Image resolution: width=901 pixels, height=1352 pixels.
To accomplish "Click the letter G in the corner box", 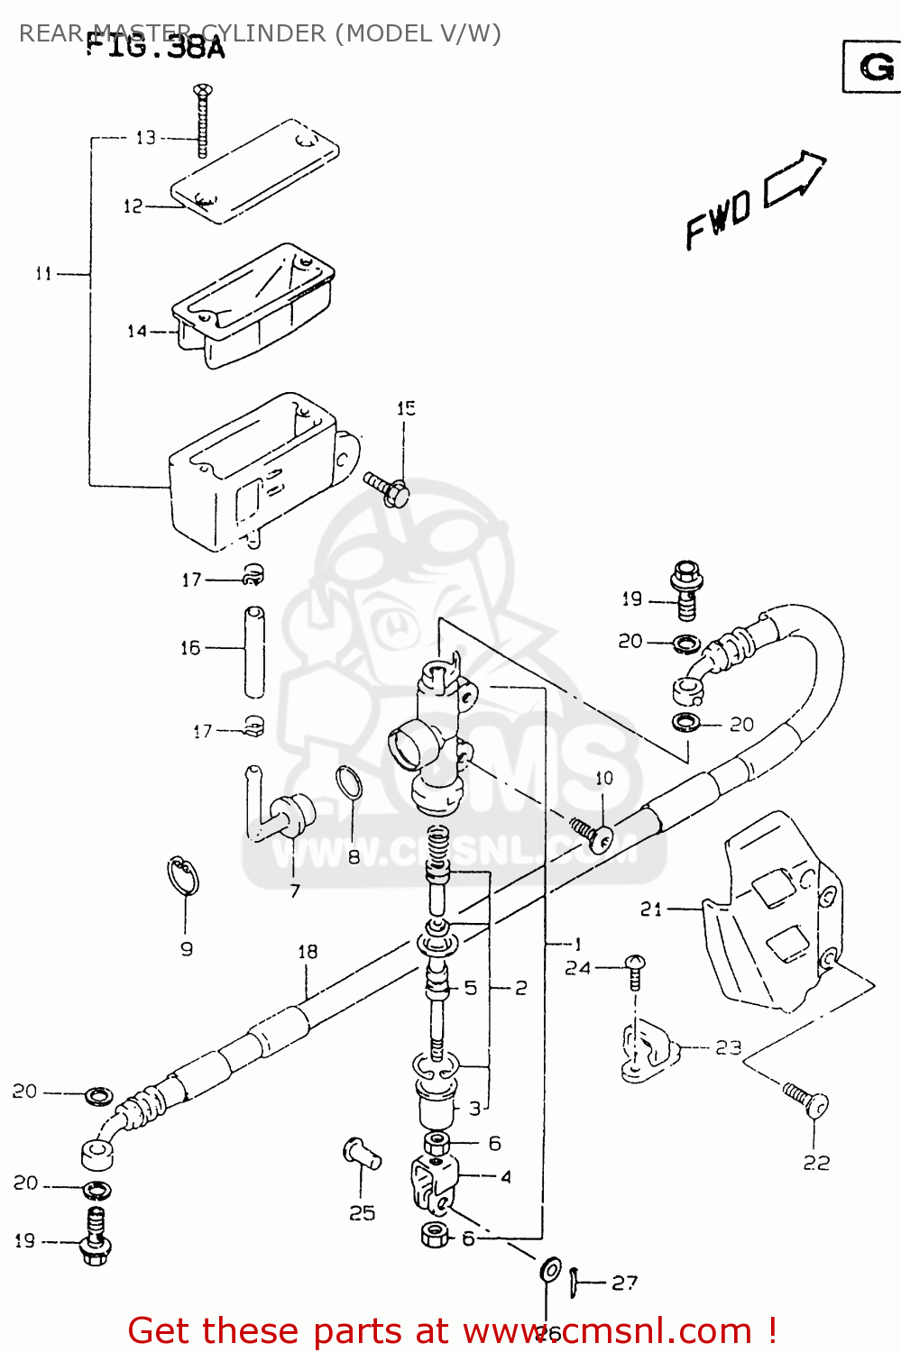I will [x=876, y=67].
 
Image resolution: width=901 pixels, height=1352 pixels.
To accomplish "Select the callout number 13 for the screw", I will [x=146, y=138].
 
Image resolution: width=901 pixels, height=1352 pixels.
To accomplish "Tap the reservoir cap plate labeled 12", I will [x=255, y=169].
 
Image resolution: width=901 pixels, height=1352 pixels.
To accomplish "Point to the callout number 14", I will [x=136, y=332].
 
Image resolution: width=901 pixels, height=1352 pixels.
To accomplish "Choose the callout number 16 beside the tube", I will [x=190, y=648].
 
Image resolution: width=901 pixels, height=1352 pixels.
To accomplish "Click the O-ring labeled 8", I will [x=349, y=782].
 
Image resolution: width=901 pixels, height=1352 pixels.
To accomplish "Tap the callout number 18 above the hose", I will [x=308, y=952].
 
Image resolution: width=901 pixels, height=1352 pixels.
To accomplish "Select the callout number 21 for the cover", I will [x=651, y=909].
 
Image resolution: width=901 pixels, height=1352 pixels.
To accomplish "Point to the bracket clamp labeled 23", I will [x=648, y=1051].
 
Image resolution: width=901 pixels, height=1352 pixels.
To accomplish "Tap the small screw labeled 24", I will [x=635, y=970].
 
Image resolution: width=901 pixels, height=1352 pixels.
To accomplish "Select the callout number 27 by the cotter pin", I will [x=624, y=1283].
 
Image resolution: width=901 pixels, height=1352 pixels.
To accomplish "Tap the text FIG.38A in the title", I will [x=155, y=47].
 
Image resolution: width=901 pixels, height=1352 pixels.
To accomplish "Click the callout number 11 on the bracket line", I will [x=43, y=273].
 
